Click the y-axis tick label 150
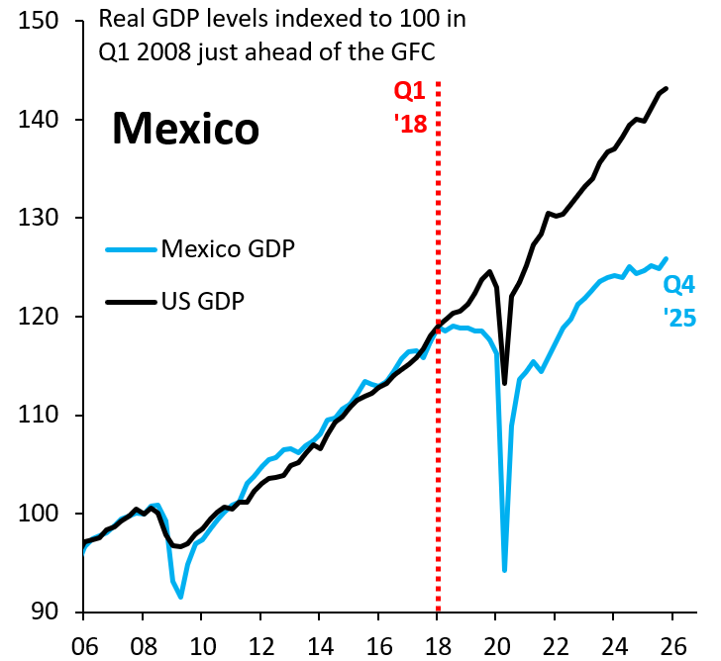click(x=46, y=21)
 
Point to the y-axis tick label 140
click(x=46, y=120)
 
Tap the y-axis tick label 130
click(x=46, y=218)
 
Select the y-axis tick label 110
click(x=46, y=415)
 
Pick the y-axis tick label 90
click(x=51, y=612)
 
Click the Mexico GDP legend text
click(x=227, y=249)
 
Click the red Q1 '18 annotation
click(x=409, y=108)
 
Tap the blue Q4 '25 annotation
click(x=679, y=302)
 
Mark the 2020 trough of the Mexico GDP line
click(x=505, y=570)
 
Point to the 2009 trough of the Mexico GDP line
click(x=180, y=597)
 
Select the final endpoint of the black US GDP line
click(x=667, y=88)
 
